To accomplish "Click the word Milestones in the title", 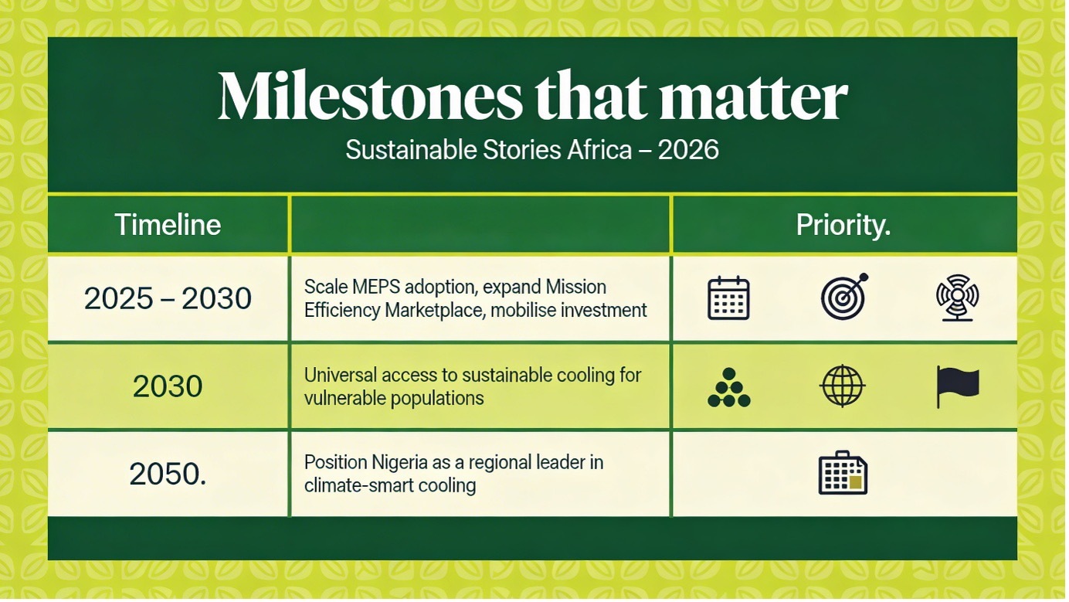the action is (370, 96).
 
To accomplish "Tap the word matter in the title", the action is (753, 98).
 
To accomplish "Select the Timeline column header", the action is (168, 224).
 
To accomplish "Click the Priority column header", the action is (843, 224).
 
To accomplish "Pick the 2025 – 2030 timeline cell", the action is (168, 298).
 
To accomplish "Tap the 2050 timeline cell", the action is (168, 474).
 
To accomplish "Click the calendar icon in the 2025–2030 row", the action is (728, 298).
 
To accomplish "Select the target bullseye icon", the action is (843, 297).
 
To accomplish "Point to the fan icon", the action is (957, 298).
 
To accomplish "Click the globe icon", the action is (843, 386).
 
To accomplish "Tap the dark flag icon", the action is (958, 386).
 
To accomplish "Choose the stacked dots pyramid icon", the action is (728, 387).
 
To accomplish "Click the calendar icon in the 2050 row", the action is (843, 473).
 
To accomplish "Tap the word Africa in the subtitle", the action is (599, 150).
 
